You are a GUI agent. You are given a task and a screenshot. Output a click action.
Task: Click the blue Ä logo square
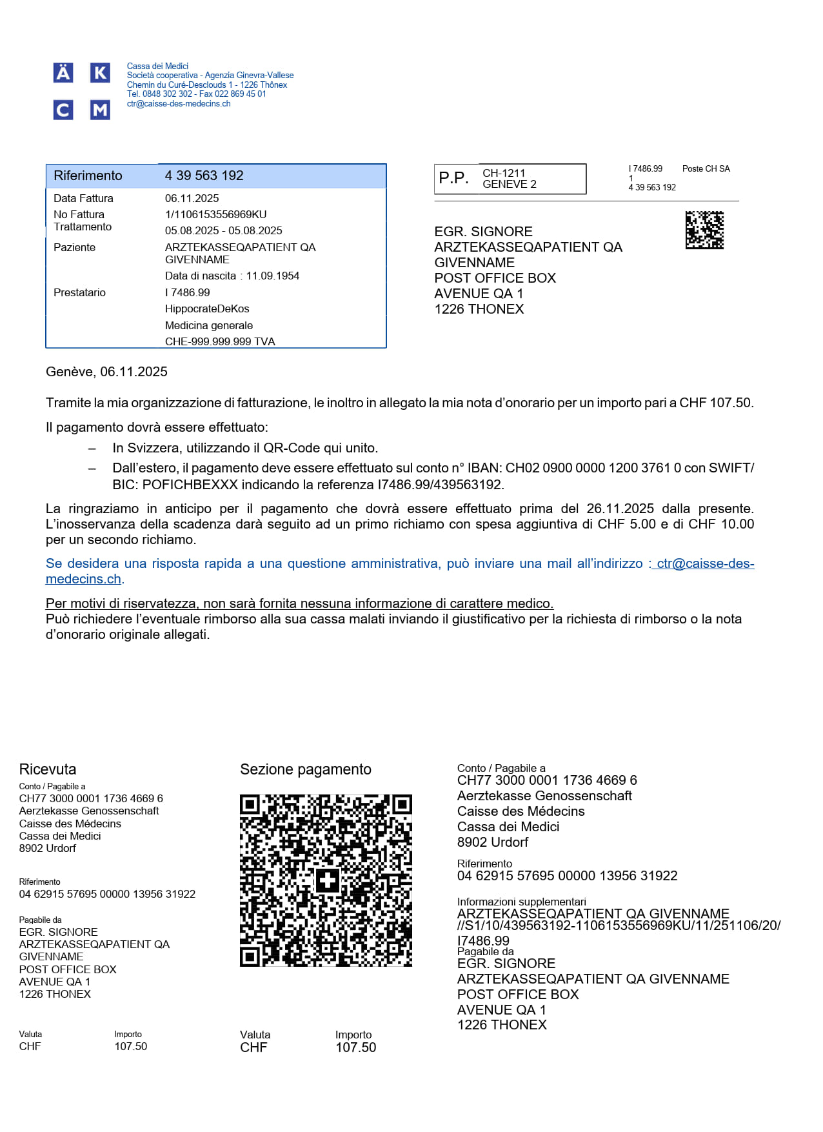click(63, 73)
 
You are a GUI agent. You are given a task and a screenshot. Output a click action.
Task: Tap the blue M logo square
click(99, 110)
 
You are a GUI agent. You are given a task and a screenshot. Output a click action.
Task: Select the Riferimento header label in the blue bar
click(88, 176)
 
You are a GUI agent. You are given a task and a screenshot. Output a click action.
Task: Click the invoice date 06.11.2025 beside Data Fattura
click(192, 198)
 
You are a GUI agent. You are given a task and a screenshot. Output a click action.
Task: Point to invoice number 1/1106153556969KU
click(215, 214)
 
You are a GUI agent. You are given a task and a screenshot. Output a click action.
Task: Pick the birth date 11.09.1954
click(273, 276)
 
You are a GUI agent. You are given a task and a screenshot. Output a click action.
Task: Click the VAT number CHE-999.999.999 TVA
click(220, 341)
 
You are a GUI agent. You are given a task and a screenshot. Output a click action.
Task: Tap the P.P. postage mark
click(453, 178)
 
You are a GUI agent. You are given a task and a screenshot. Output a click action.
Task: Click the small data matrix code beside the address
click(704, 230)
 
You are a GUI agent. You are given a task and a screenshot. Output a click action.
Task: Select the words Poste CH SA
click(706, 168)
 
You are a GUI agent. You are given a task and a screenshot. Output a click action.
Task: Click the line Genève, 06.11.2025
click(106, 372)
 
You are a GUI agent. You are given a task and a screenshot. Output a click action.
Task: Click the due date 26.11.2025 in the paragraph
click(620, 509)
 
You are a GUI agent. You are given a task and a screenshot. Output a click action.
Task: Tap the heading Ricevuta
click(48, 769)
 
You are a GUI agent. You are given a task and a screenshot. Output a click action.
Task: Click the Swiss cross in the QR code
click(327, 880)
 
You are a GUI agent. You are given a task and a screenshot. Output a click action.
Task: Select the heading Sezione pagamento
click(306, 769)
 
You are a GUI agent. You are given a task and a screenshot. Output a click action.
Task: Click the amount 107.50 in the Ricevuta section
click(131, 1046)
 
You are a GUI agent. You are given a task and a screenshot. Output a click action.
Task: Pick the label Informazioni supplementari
click(521, 902)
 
